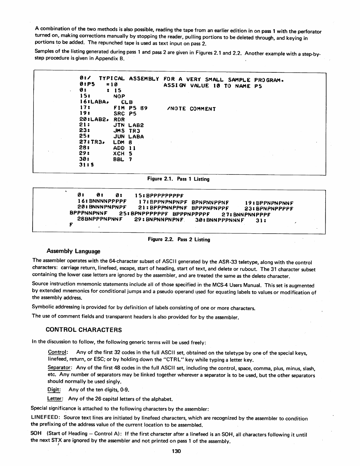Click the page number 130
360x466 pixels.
[176, 451]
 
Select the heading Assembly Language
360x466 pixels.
[74, 251]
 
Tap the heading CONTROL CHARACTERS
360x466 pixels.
[84, 329]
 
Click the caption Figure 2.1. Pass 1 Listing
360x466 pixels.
[178, 179]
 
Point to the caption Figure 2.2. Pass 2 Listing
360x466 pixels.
[179, 239]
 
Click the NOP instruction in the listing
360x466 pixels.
[119, 96]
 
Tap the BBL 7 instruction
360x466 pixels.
[123, 159]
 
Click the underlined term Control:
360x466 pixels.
[58, 352]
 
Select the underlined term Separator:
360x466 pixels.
[60, 368]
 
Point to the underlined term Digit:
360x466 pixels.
[54, 390]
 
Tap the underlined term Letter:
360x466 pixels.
[55, 399]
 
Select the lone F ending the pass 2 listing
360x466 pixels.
[71, 225]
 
